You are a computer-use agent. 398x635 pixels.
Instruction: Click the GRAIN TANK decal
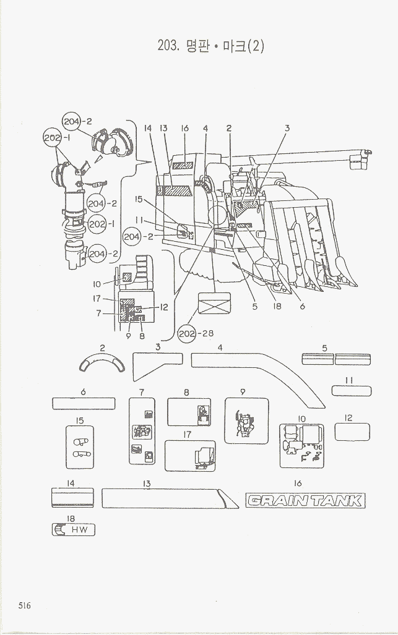pos(305,500)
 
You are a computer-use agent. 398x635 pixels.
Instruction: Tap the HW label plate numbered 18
pos(74,530)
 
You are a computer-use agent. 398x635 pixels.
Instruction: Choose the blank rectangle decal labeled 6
pos(83,404)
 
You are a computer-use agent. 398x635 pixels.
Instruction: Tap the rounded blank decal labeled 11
pos(351,390)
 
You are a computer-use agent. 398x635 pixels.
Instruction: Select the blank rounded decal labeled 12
pos(352,432)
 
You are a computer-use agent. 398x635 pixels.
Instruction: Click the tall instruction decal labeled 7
pos(142,432)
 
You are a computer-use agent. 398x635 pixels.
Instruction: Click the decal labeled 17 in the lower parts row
pos(190,456)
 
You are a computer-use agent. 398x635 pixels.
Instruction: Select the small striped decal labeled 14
pos(72,497)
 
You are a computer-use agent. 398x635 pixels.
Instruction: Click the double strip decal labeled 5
pos(335,359)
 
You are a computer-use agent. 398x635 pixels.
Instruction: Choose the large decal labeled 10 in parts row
pos(301,445)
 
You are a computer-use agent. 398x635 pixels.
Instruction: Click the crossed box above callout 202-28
pos(214,303)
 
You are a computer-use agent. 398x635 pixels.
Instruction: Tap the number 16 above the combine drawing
pos(184,128)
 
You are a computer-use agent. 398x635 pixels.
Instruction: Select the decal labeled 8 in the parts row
pos(189,412)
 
